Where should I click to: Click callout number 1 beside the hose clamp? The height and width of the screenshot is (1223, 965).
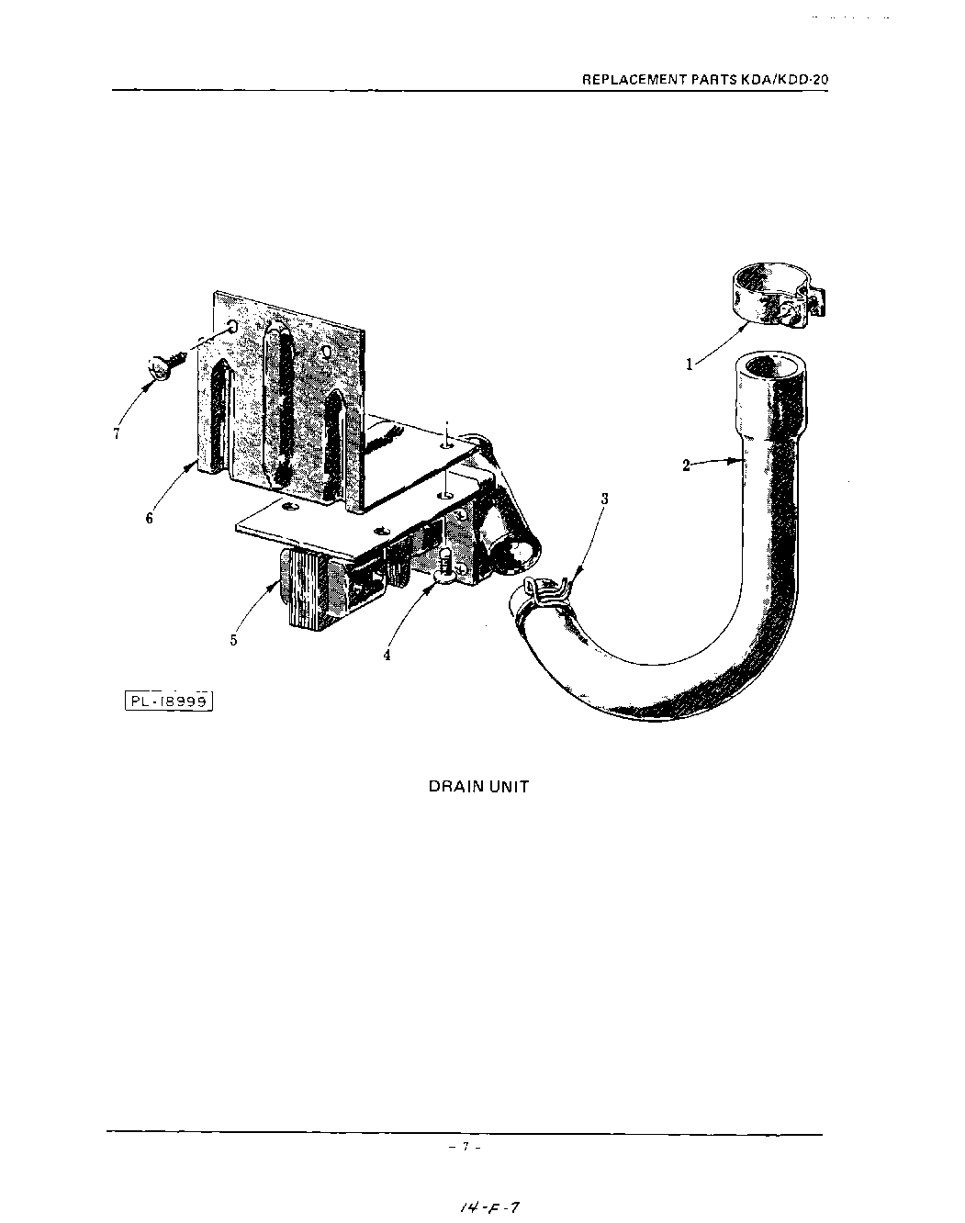pos(689,365)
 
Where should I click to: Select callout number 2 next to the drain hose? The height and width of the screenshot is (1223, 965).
pos(686,466)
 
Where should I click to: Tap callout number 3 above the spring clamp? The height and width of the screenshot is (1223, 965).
pos(604,499)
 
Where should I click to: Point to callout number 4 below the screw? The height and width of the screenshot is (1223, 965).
pos(387,656)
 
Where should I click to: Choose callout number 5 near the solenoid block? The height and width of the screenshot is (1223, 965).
pos(233,640)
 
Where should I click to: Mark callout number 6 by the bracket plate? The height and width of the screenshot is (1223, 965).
pos(149,518)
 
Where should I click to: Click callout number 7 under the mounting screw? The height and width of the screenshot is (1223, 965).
pos(117,434)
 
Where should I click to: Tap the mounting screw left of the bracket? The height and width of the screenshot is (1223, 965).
pos(165,365)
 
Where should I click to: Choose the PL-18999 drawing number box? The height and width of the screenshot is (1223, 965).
pos(169,701)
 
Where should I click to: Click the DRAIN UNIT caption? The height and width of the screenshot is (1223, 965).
pos(478,787)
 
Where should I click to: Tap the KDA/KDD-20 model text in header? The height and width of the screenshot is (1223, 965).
pos(791,80)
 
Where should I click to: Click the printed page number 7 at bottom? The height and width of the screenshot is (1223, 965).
pos(466,1147)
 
